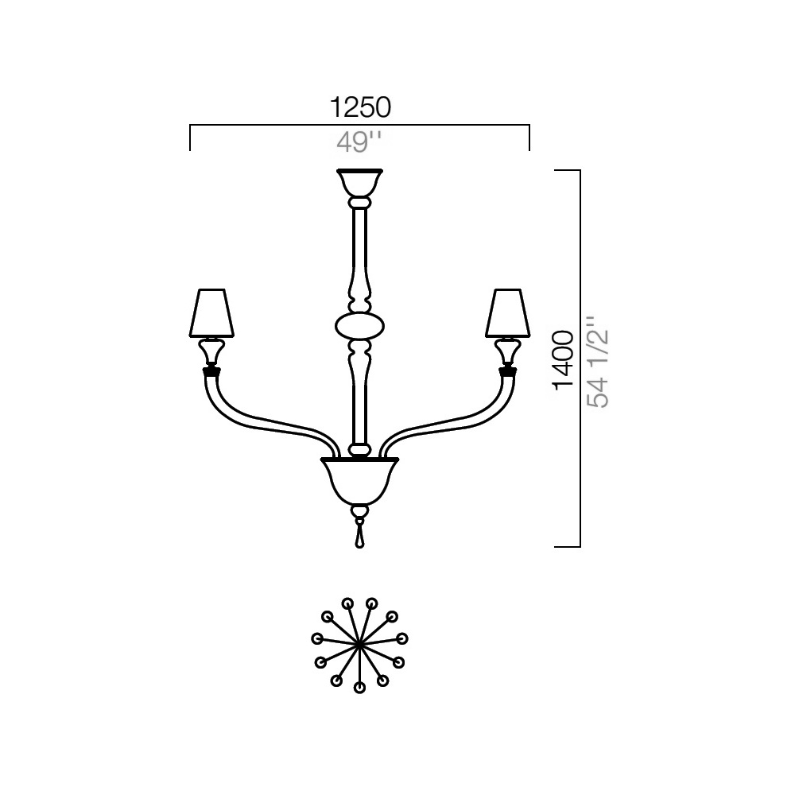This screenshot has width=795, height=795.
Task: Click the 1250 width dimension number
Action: [360, 107]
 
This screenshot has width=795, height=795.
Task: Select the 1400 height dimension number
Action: [564, 360]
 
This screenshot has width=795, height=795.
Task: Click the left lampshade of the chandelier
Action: [211, 313]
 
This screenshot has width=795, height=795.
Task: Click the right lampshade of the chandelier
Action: [507, 313]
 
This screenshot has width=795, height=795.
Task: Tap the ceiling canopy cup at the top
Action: [359, 183]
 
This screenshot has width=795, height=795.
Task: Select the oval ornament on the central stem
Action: [359, 326]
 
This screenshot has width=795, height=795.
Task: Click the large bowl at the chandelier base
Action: [359, 481]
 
